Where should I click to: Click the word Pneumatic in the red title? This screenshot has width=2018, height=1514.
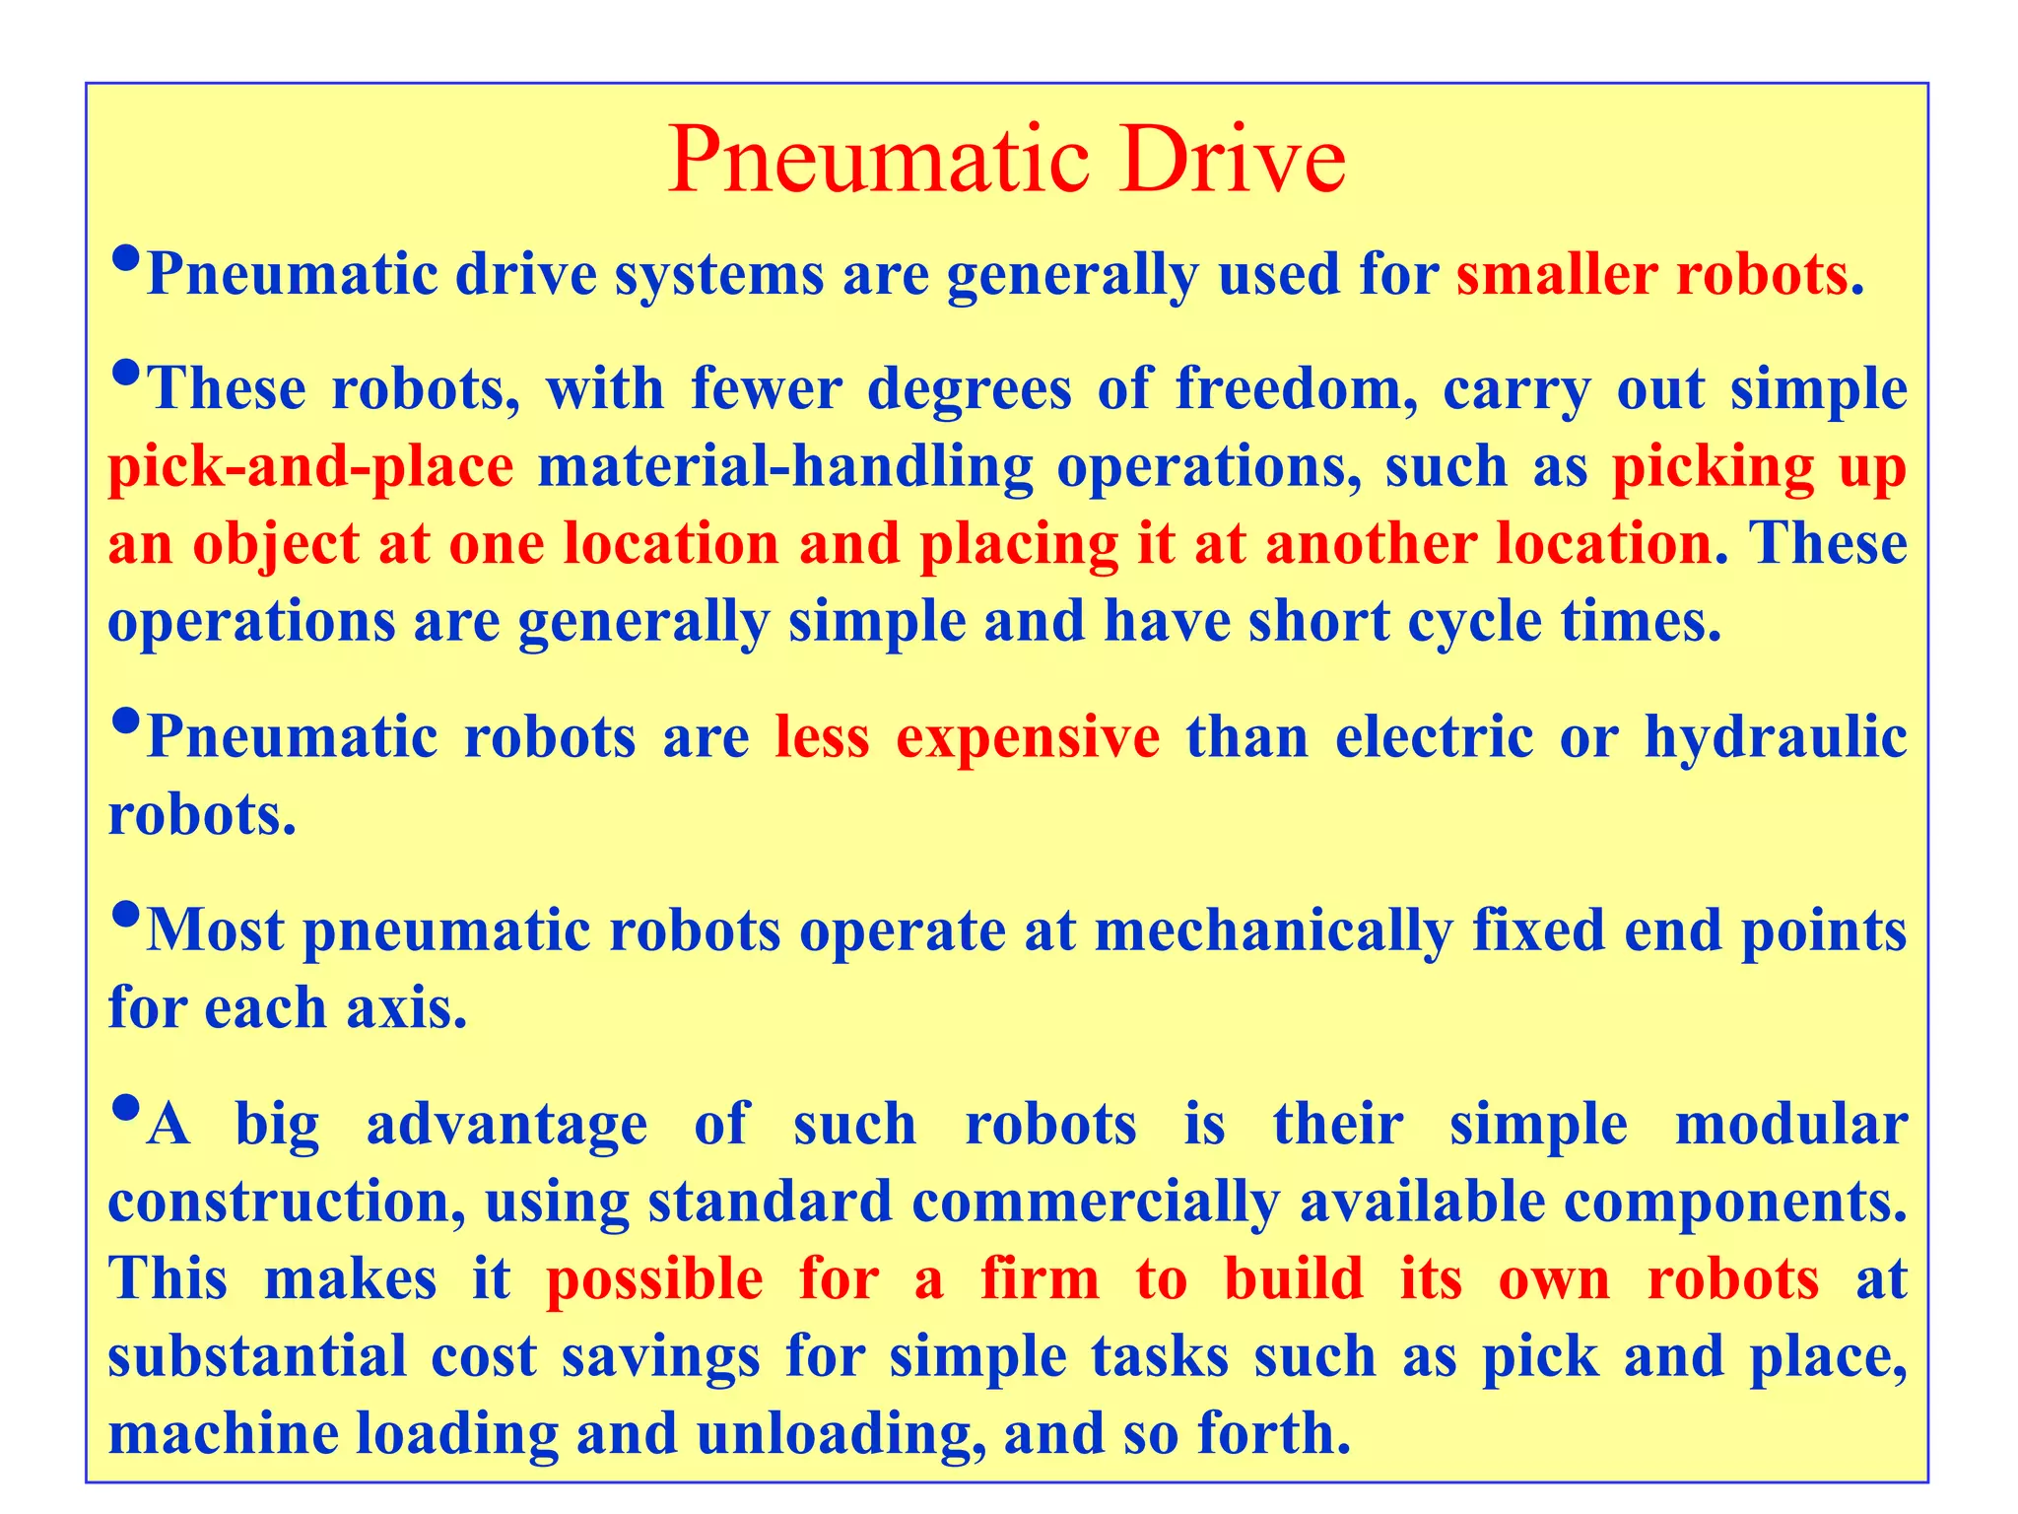(x=879, y=161)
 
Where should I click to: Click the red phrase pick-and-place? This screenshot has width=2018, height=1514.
(x=310, y=466)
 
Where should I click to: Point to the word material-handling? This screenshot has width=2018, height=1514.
(x=785, y=466)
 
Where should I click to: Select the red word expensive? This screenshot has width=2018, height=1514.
(x=1028, y=737)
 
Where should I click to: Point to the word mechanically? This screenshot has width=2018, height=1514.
(x=1273, y=930)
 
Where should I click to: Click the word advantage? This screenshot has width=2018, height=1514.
(x=507, y=1125)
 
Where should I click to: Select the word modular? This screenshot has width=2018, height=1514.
(x=1791, y=1125)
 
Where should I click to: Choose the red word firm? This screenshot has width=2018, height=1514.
(x=1040, y=1279)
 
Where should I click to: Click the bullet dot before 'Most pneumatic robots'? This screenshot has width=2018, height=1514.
(x=125, y=916)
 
